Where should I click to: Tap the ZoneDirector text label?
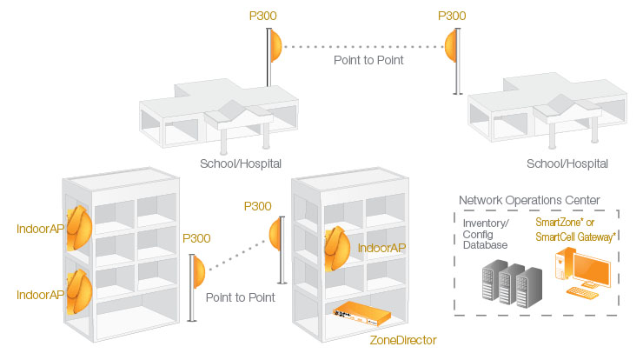click(x=402, y=339)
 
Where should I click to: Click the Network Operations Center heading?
click(x=528, y=201)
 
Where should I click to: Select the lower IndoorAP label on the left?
click(x=40, y=295)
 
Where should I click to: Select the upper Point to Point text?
click(x=368, y=61)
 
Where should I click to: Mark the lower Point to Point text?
click(x=241, y=297)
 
